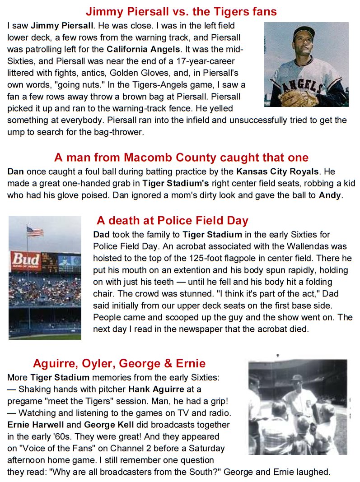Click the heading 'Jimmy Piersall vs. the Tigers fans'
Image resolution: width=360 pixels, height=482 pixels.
[181, 11]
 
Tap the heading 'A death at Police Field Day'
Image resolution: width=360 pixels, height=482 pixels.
[172, 221]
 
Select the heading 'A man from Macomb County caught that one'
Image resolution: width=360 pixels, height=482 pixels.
[181, 158]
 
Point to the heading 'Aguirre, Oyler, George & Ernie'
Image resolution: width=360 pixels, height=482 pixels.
[119, 363]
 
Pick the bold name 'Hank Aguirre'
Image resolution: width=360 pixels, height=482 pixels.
[156, 389]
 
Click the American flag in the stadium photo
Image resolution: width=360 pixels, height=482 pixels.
[35, 232]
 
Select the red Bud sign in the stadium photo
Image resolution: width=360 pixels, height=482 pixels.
[25, 260]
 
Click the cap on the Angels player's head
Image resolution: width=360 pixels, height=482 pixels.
[303, 32]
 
